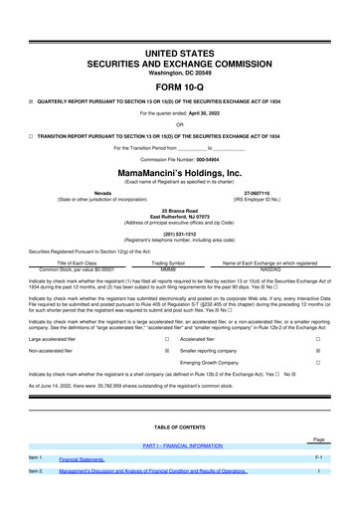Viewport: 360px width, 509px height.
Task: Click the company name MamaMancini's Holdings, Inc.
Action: [x=180, y=171]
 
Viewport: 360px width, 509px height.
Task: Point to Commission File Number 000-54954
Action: [x=180, y=159]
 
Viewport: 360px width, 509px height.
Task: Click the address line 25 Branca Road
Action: [x=180, y=210]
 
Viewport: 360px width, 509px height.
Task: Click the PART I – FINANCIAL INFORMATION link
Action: [x=180, y=446]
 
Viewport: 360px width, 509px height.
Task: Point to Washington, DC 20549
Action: [x=180, y=73]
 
